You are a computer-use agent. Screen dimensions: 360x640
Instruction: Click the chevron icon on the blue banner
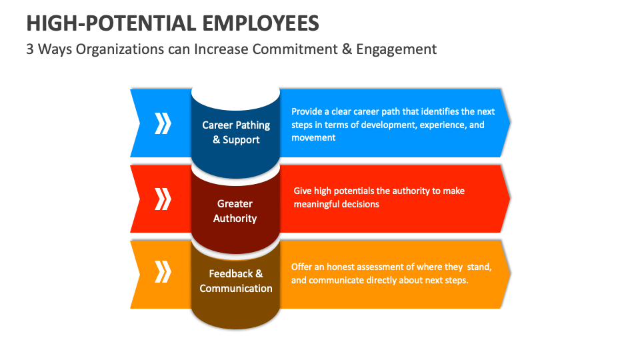click(x=163, y=123)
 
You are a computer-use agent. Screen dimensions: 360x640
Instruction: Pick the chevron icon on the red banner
click(x=163, y=199)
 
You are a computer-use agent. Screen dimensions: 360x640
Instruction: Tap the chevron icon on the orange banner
click(x=163, y=273)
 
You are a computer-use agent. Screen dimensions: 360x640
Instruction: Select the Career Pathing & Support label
click(x=236, y=132)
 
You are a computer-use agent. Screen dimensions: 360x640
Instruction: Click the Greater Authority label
click(x=235, y=211)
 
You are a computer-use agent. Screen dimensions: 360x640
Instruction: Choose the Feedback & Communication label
click(x=236, y=281)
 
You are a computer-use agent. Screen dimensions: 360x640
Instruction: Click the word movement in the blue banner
click(x=313, y=137)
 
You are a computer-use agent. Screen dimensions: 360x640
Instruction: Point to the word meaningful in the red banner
click(x=316, y=204)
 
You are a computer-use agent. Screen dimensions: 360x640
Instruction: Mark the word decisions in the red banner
click(x=361, y=204)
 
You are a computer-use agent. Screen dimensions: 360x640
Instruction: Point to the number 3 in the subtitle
click(x=30, y=49)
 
